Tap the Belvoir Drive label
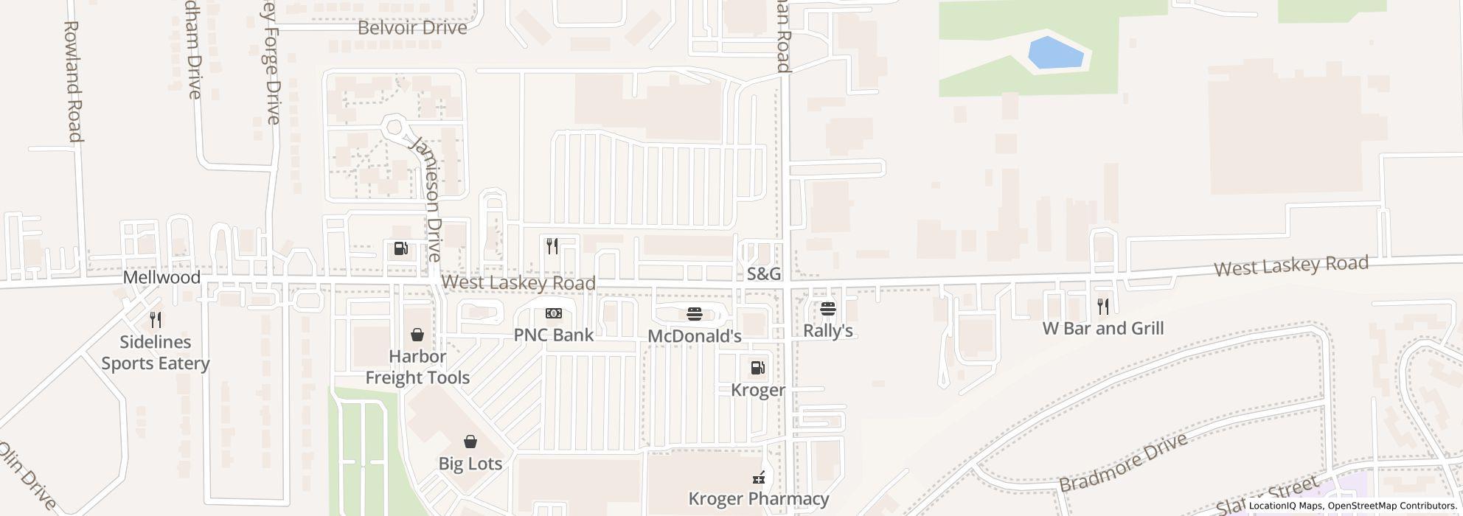point(412,28)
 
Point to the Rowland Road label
point(72,81)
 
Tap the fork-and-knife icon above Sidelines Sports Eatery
point(156,320)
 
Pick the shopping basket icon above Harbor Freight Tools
point(417,335)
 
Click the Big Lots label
point(470,464)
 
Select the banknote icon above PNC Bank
point(554,313)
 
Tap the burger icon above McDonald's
point(694,315)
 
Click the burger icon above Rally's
point(828,309)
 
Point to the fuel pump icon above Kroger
point(757,368)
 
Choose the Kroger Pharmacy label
point(759,499)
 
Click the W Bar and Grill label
point(1103,328)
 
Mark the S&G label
point(764,274)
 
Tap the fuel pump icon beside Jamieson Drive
point(401,249)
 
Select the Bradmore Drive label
point(1123,462)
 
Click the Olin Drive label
point(27,475)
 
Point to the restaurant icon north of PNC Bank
point(552,246)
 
